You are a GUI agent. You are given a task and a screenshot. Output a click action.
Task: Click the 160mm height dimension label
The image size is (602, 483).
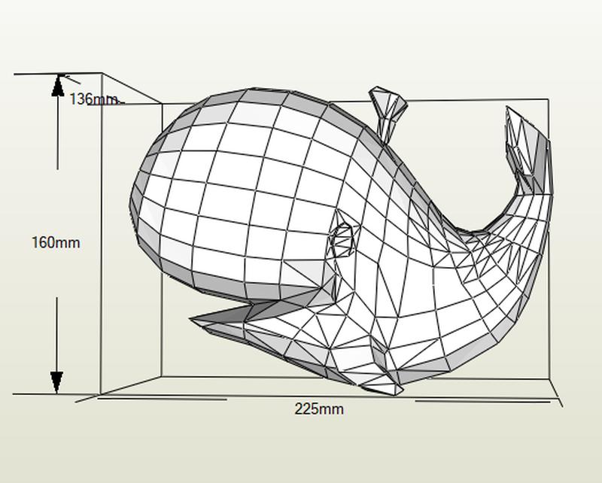tap(56, 243)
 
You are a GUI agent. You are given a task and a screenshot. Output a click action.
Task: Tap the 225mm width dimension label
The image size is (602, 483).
tap(319, 409)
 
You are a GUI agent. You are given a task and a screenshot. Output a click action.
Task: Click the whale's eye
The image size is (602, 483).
tap(342, 241)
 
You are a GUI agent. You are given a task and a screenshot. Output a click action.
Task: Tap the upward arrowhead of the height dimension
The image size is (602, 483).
tap(58, 85)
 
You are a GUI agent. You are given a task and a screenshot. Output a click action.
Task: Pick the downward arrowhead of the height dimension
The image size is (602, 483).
tap(57, 382)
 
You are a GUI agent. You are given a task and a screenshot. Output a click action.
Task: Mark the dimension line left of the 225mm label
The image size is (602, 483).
tap(162, 399)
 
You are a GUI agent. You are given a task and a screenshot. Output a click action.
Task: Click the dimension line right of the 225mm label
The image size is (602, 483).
tap(483, 401)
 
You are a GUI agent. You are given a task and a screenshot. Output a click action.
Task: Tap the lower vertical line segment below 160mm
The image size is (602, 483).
tap(57, 335)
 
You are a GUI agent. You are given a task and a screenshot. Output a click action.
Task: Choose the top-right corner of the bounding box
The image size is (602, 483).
tap(549, 99)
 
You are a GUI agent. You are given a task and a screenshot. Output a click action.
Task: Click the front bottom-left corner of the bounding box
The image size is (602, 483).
tap(100, 394)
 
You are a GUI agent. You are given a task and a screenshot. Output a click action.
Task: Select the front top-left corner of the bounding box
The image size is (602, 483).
tap(102, 73)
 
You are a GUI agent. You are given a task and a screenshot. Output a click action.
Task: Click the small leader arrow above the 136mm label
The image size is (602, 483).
tap(71, 80)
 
